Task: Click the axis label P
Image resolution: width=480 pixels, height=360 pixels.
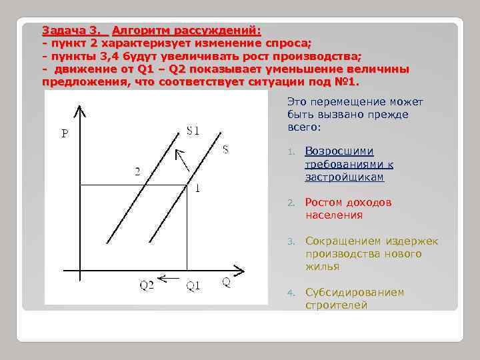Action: tap(65, 133)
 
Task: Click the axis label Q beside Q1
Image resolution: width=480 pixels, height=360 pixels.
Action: tap(227, 281)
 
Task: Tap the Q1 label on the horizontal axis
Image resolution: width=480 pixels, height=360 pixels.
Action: tap(193, 286)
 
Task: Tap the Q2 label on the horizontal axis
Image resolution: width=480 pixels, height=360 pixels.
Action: tap(147, 286)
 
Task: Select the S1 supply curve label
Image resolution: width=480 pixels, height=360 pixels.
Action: tap(193, 130)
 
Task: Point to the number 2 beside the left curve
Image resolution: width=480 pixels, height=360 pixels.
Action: tap(137, 171)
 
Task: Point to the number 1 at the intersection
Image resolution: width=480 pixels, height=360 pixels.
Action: tap(197, 189)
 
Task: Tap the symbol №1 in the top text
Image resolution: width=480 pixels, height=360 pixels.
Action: tap(347, 82)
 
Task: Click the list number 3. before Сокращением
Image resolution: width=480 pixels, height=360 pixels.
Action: tap(291, 242)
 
